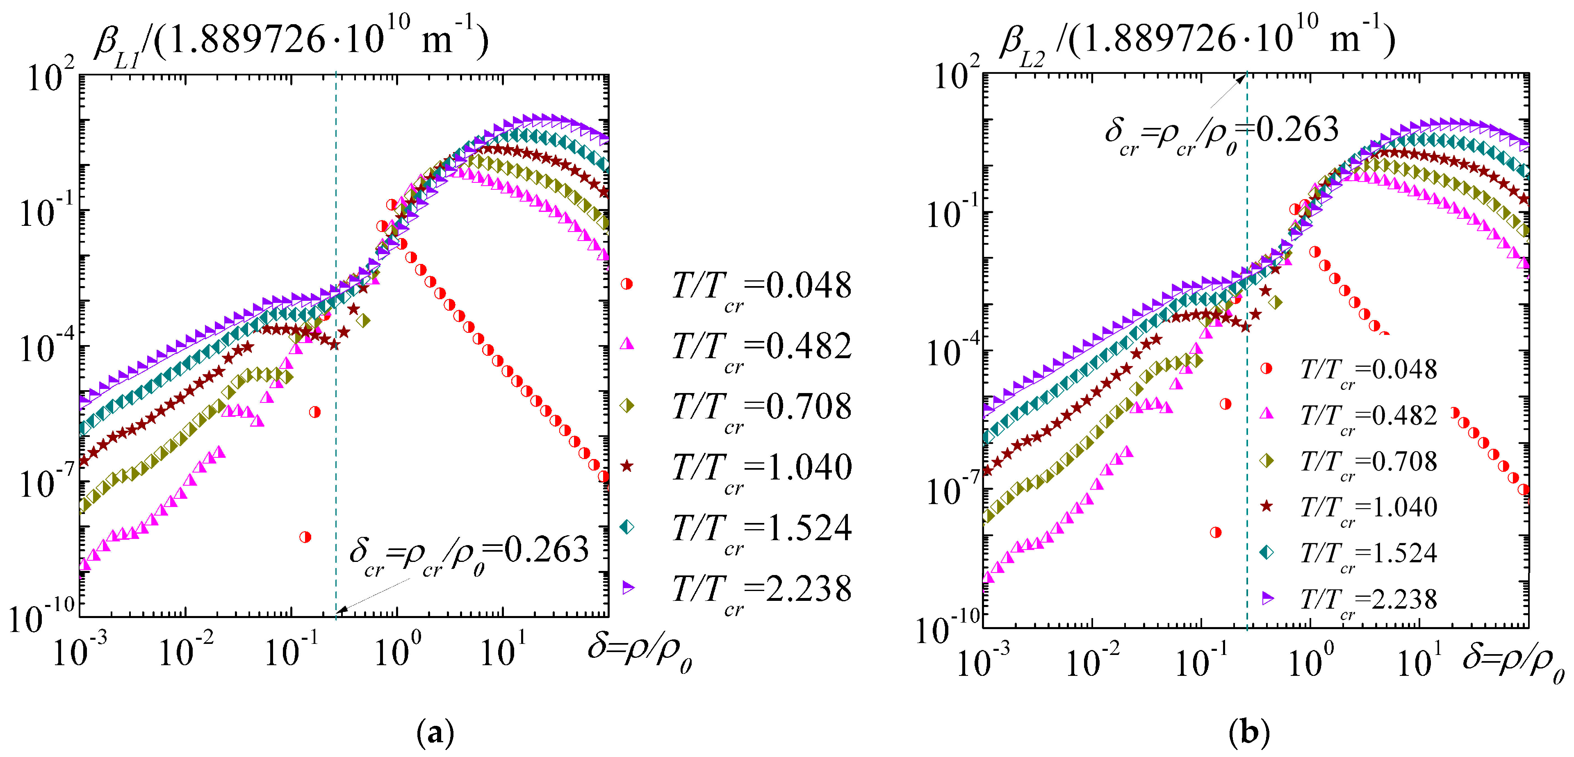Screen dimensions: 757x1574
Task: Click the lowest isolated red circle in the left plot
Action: click(x=305, y=537)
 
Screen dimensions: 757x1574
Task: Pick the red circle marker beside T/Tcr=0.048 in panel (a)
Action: click(x=627, y=284)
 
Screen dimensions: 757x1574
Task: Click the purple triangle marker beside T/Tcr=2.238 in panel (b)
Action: click(x=1268, y=598)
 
